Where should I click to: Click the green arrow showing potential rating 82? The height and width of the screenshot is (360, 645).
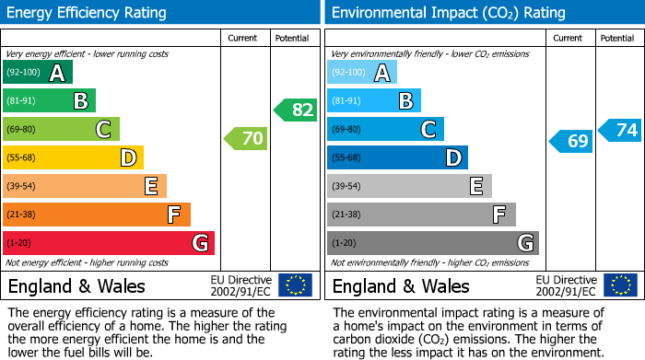(x=296, y=110)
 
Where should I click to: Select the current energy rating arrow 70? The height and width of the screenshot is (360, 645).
(x=246, y=139)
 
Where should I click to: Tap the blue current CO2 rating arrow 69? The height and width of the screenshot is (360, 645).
(x=570, y=141)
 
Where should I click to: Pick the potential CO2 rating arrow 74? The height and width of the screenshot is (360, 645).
(x=620, y=130)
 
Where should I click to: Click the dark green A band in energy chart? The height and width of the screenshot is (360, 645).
(x=38, y=73)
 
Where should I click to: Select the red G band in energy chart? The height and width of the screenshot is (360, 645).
(x=109, y=243)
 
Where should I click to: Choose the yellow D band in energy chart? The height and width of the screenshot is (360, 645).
(x=73, y=158)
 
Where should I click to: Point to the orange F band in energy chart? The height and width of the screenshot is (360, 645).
(x=97, y=215)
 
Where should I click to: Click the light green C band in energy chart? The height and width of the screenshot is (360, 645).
(x=61, y=130)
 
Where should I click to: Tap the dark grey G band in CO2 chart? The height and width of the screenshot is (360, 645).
(x=432, y=243)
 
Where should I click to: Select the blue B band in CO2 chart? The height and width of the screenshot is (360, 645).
(x=373, y=101)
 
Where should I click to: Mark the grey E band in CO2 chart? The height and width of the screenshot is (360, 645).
(x=409, y=187)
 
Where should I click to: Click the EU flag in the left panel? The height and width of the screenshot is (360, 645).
(x=296, y=285)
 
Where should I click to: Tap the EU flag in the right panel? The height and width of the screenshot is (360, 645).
(x=620, y=285)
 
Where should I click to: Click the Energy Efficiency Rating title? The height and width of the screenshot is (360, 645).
(x=88, y=13)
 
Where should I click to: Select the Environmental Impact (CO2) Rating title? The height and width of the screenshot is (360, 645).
(x=447, y=13)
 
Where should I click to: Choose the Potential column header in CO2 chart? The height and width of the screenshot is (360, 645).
(x=617, y=38)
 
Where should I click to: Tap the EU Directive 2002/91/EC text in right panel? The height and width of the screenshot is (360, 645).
(x=566, y=285)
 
